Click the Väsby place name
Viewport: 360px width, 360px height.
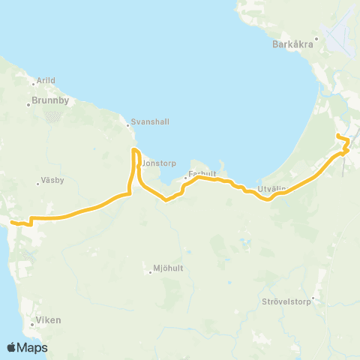[49, 181]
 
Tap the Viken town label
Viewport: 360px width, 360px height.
[48, 321]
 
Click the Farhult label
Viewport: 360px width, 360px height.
[203, 173]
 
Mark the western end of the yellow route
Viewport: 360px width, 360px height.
[12, 222]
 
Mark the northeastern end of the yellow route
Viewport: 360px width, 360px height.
[338, 135]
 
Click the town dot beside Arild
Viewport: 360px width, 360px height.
[34, 80]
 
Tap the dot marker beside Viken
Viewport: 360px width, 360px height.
[34, 325]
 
